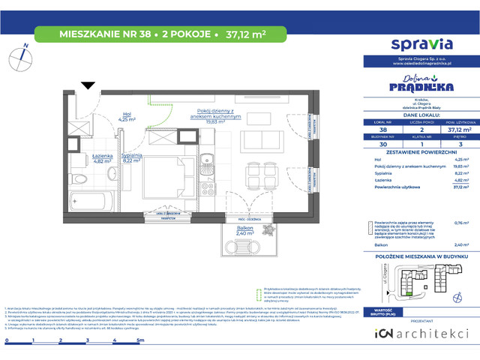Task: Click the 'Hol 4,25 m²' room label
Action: (127, 117)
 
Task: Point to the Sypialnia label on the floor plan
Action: (131, 157)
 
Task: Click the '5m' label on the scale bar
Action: (140, 319)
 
